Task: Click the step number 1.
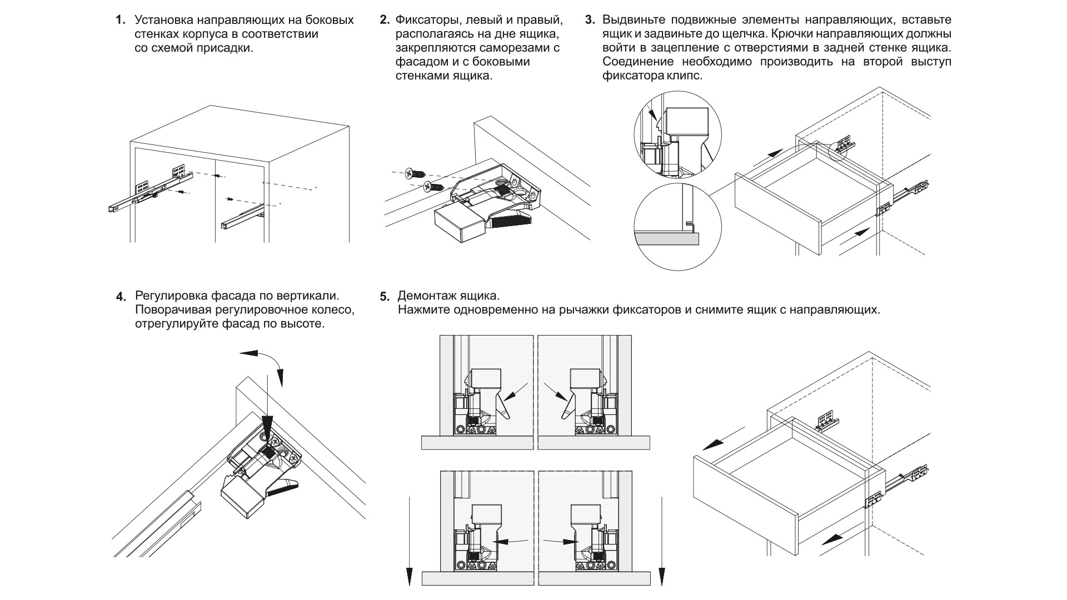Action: pos(119,21)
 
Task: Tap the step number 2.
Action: pos(383,21)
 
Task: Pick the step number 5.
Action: pos(385,296)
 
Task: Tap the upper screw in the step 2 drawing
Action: pos(415,173)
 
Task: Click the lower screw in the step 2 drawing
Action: pos(433,187)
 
